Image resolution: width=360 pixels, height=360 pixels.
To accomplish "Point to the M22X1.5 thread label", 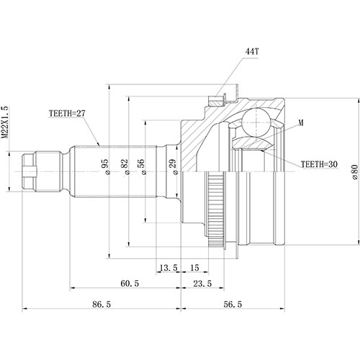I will coord(7,128).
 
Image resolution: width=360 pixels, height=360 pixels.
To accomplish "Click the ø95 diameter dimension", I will coord(104,167).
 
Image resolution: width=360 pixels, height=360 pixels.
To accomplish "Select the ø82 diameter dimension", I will coord(125,167).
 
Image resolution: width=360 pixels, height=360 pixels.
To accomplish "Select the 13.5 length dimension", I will coord(168,267).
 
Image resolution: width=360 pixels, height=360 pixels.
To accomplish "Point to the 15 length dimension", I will coord(194,267).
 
